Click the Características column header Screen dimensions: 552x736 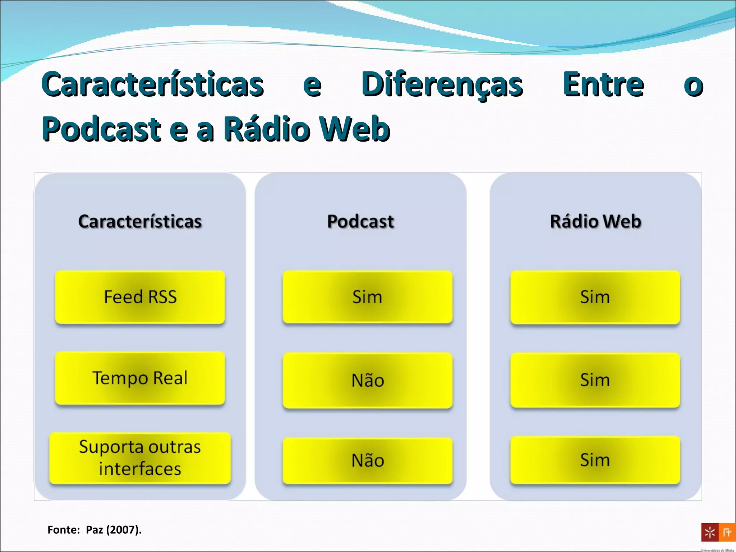pyautogui.click(x=140, y=221)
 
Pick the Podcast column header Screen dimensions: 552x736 pyautogui.click(x=360, y=221)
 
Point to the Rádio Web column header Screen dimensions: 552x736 pyautogui.click(x=595, y=221)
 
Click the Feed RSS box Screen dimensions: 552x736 pyautogui.click(x=140, y=297)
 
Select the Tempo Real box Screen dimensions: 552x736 pyautogui.click(x=140, y=378)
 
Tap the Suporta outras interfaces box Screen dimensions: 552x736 pyautogui.click(x=140, y=458)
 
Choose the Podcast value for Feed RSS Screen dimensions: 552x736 pyautogui.click(x=367, y=297)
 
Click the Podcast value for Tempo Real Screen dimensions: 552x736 pyautogui.click(x=367, y=380)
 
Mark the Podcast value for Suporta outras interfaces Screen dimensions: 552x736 pyautogui.click(x=367, y=460)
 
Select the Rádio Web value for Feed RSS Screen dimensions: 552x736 pyautogui.click(x=595, y=297)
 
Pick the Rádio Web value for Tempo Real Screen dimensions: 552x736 pyautogui.click(x=595, y=380)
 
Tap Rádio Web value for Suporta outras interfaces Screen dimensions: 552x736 pyautogui.click(x=595, y=460)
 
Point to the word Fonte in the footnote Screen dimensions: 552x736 pyautogui.click(x=63, y=530)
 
